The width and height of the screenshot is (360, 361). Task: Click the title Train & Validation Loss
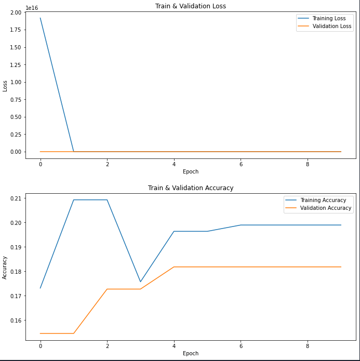[191, 6]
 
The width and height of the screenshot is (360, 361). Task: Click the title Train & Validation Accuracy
[191, 188]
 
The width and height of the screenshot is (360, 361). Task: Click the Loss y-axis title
[5, 86]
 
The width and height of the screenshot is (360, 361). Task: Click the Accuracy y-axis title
[5, 268]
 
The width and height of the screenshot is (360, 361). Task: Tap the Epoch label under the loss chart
[191, 172]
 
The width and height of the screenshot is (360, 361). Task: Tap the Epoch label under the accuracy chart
[191, 354]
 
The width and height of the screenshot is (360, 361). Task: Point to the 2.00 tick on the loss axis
[15, 12]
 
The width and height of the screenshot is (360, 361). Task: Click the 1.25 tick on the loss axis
[15, 65]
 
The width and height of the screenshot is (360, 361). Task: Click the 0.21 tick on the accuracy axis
[15, 198]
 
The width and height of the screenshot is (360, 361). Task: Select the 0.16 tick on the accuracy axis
[15, 320]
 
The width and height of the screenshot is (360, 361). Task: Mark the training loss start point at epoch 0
[41, 18]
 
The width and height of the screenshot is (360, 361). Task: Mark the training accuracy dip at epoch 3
[141, 282]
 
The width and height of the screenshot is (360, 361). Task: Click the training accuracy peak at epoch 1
[74, 200]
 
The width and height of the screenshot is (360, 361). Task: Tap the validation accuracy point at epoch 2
[107, 289]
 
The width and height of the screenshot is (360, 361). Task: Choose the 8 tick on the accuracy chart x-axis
[308, 345]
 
